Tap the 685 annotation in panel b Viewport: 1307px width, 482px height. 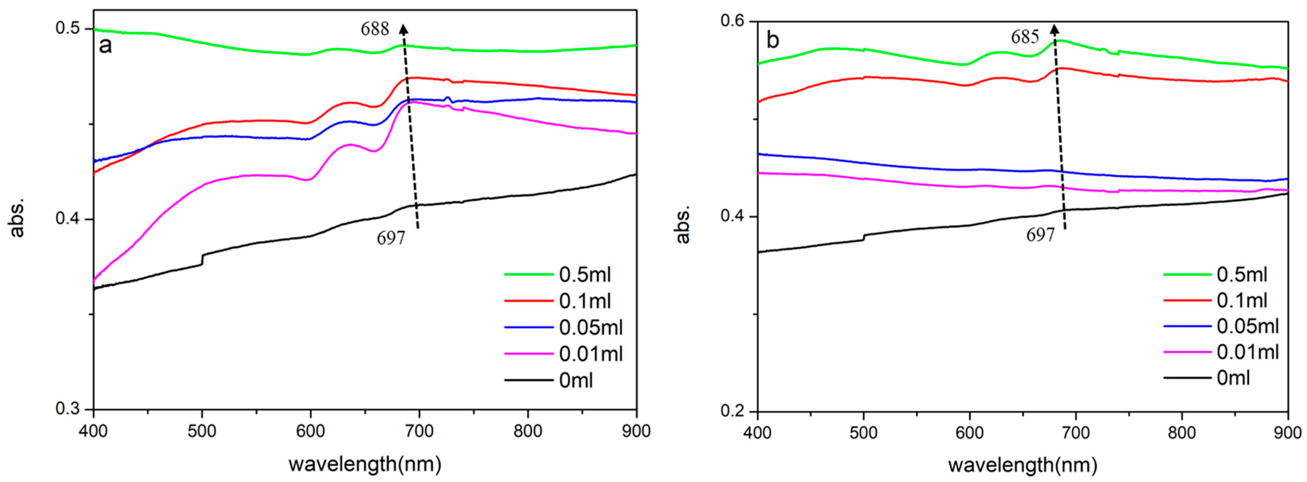point(1026,51)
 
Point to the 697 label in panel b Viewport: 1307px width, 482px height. point(1041,235)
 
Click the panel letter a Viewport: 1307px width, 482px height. point(106,46)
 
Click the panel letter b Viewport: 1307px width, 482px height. point(773,41)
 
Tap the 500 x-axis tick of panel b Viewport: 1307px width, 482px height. point(864,433)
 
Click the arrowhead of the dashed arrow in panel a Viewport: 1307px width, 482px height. point(403,28)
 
